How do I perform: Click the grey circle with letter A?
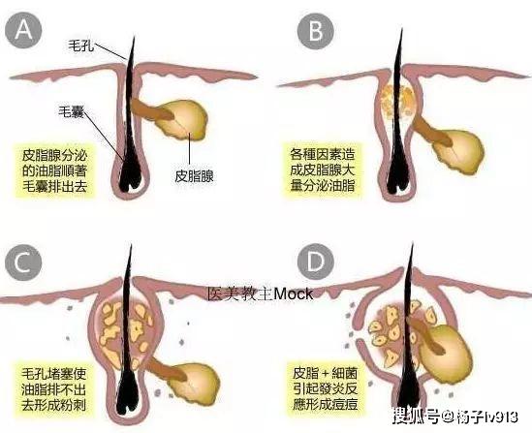tap(23, 31)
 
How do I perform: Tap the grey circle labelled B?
tap(316, 31)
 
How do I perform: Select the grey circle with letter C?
tap(23, 263)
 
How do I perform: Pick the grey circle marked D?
tap(316, 263)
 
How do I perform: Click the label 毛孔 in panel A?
tap(80, 46)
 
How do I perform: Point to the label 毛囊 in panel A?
tap(71, 110)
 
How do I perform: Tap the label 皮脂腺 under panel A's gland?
tap(194, 176)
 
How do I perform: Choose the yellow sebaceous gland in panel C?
tap(194, 383)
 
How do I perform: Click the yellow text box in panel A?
tap(54, 170)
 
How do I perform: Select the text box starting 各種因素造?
tap(323, 170)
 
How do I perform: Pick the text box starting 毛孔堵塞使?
tap(54, 389)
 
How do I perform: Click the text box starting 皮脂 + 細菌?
tap(325, 388)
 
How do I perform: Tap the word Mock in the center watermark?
tap(294, 294)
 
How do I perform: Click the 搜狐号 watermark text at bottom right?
tap(417, 416)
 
